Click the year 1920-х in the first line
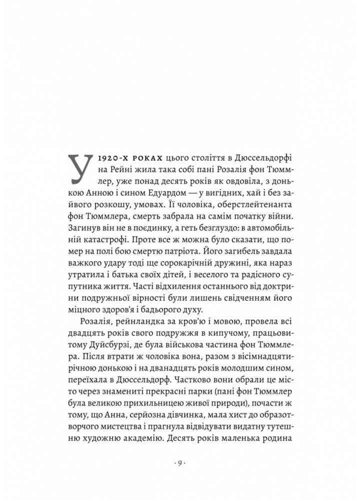(x=113, y=159)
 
